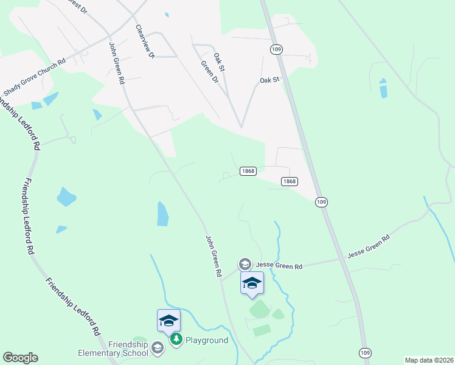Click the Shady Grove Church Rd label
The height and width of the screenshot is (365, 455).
34,77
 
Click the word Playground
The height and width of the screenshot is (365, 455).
207,340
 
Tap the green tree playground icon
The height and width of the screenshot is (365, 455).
176,339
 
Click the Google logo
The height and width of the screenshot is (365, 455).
20,358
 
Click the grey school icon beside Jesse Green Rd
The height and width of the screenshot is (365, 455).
245,264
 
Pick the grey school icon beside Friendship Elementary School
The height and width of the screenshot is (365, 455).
158,348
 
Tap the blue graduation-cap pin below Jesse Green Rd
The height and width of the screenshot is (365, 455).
252,282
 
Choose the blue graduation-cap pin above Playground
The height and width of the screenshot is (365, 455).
168,320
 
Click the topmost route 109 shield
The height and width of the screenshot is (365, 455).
277,49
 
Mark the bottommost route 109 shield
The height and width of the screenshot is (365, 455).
364,353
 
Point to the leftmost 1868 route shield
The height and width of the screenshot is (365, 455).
248,171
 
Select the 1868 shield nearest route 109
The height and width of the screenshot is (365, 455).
290,181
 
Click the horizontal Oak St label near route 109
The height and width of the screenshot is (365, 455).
269,80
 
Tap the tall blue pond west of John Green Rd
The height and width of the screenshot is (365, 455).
162,214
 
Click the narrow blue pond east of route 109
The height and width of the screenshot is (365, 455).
383,88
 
